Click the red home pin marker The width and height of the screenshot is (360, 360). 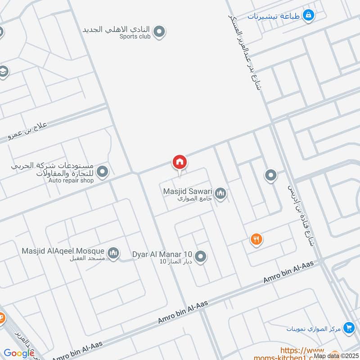[x=180, y=162]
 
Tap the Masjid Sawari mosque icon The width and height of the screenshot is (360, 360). [x=220, y=194]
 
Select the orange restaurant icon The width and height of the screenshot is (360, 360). [x=256, y=239]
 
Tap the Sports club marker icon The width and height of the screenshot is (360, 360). [x=158, y=31]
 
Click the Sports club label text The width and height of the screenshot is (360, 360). [x=135, y=37]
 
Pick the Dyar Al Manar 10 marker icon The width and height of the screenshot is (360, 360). [x=201, y=256]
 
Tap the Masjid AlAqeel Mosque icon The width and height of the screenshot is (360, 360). [x=114, y=253]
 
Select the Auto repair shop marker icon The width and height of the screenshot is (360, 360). [x=103, y=171]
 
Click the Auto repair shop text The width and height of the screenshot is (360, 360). [x=71, y=180]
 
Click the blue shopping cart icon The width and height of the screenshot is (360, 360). [x=348, y=328]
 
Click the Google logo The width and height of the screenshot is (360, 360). [x=19, y=354]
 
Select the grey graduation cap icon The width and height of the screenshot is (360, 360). [x=3, y=72]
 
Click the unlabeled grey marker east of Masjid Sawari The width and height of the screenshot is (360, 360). [x=270, y=175]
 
